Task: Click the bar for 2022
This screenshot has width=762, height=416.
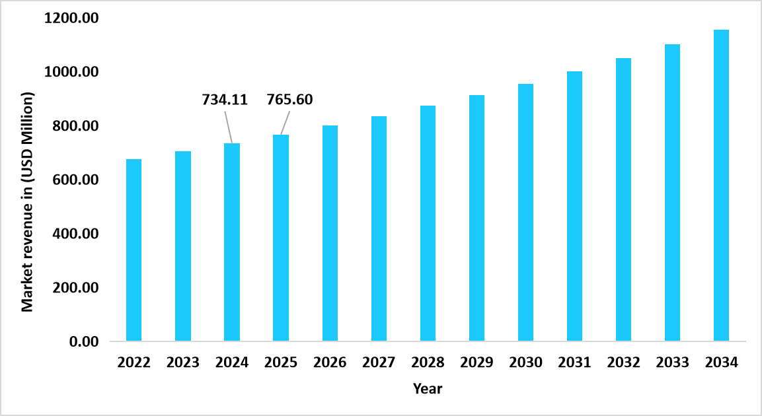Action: (x=133, y=250)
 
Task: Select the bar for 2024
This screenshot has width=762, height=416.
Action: (x=232, y=242)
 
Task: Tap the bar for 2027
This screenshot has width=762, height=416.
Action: (x=379, y=229)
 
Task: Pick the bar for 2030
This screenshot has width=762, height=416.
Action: (x=525, y=213)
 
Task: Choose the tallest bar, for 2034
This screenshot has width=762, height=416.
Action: (x=721, y=186)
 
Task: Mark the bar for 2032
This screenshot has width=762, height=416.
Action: (x=623, y=200)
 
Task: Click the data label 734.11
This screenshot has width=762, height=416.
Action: (x=224, y=100)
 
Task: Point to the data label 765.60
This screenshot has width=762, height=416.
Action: (x=289, y=100)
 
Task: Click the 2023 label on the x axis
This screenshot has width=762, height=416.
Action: (x=183, y=363)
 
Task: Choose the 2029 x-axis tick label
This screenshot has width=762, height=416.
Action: (x=476, y=363)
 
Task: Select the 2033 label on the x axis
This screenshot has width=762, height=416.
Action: (x=672, y=363)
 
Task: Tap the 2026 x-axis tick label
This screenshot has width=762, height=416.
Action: (x=330, y=363)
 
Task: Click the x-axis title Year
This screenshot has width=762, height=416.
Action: (x=427, y=388)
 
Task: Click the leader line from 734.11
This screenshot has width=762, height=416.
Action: (x=228, y=125)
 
